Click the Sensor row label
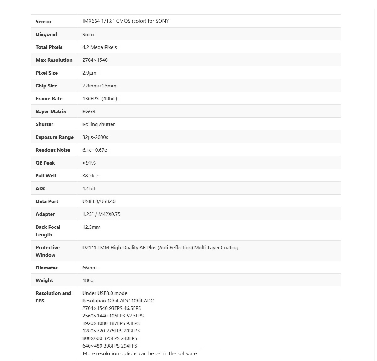(x=44, y=22)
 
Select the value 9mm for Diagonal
(x=88, y=34)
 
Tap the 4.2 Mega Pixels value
(x=100, y=47)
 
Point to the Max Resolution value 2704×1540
(x=95, y=60)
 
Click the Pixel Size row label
(x=47, y=73)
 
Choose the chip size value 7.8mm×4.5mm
(x=99, y=86)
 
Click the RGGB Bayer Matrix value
(x=89, y=112)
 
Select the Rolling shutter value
(x=99, y=124)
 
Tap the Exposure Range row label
(x=55, y=137)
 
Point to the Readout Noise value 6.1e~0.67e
(x=95, y=150)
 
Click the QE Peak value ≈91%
(x=89, y=163)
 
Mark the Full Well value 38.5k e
(x=90, y=176)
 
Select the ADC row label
(x=41, y=189)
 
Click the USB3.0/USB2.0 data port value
(x=99, y=201)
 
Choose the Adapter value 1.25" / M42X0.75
(x=101, y=214)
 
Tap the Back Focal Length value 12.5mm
(x=91, y=227)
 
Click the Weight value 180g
(x=88, y=280)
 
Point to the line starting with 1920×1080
(x=111, y=323)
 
